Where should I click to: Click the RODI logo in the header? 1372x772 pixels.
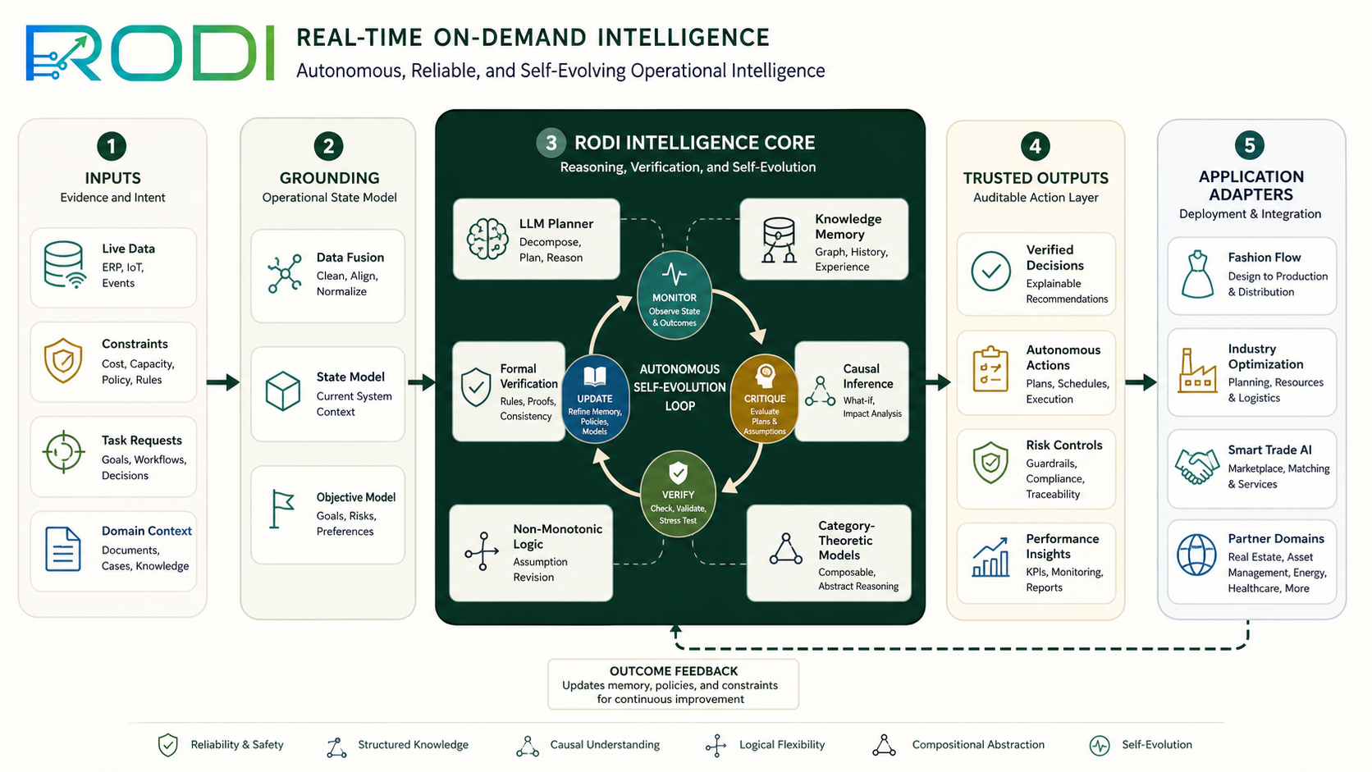pos(149,53)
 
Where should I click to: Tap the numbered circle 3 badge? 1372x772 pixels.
pos(551,143)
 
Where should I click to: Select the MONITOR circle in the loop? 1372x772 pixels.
pos(675,295)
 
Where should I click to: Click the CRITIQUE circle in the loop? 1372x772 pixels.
pos(765,399)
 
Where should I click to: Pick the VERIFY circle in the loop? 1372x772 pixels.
pos(678,494)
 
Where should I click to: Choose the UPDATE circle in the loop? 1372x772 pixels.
pos(595,399)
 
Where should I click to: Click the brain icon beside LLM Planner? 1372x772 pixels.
pos(487,239)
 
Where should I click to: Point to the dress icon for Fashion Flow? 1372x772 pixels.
pos(1197,274)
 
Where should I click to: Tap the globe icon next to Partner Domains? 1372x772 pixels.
pos(1196,555)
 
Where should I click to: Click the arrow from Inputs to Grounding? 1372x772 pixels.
pos(223,382)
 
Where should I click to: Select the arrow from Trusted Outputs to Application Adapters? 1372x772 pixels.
pos(1141,382)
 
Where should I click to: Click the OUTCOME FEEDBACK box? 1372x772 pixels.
pos(673,684)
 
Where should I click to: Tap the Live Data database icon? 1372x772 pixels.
pos(64,264)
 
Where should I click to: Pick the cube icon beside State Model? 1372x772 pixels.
pos(283,391)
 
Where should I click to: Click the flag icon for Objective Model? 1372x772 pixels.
pos(281,509)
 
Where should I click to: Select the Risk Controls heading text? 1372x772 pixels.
pos(1064,445)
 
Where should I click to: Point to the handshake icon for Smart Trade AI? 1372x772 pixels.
pos(1197,467)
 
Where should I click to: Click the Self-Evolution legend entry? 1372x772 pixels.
pos(1141,745)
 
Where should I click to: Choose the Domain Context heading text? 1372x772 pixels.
pos(146,531)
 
